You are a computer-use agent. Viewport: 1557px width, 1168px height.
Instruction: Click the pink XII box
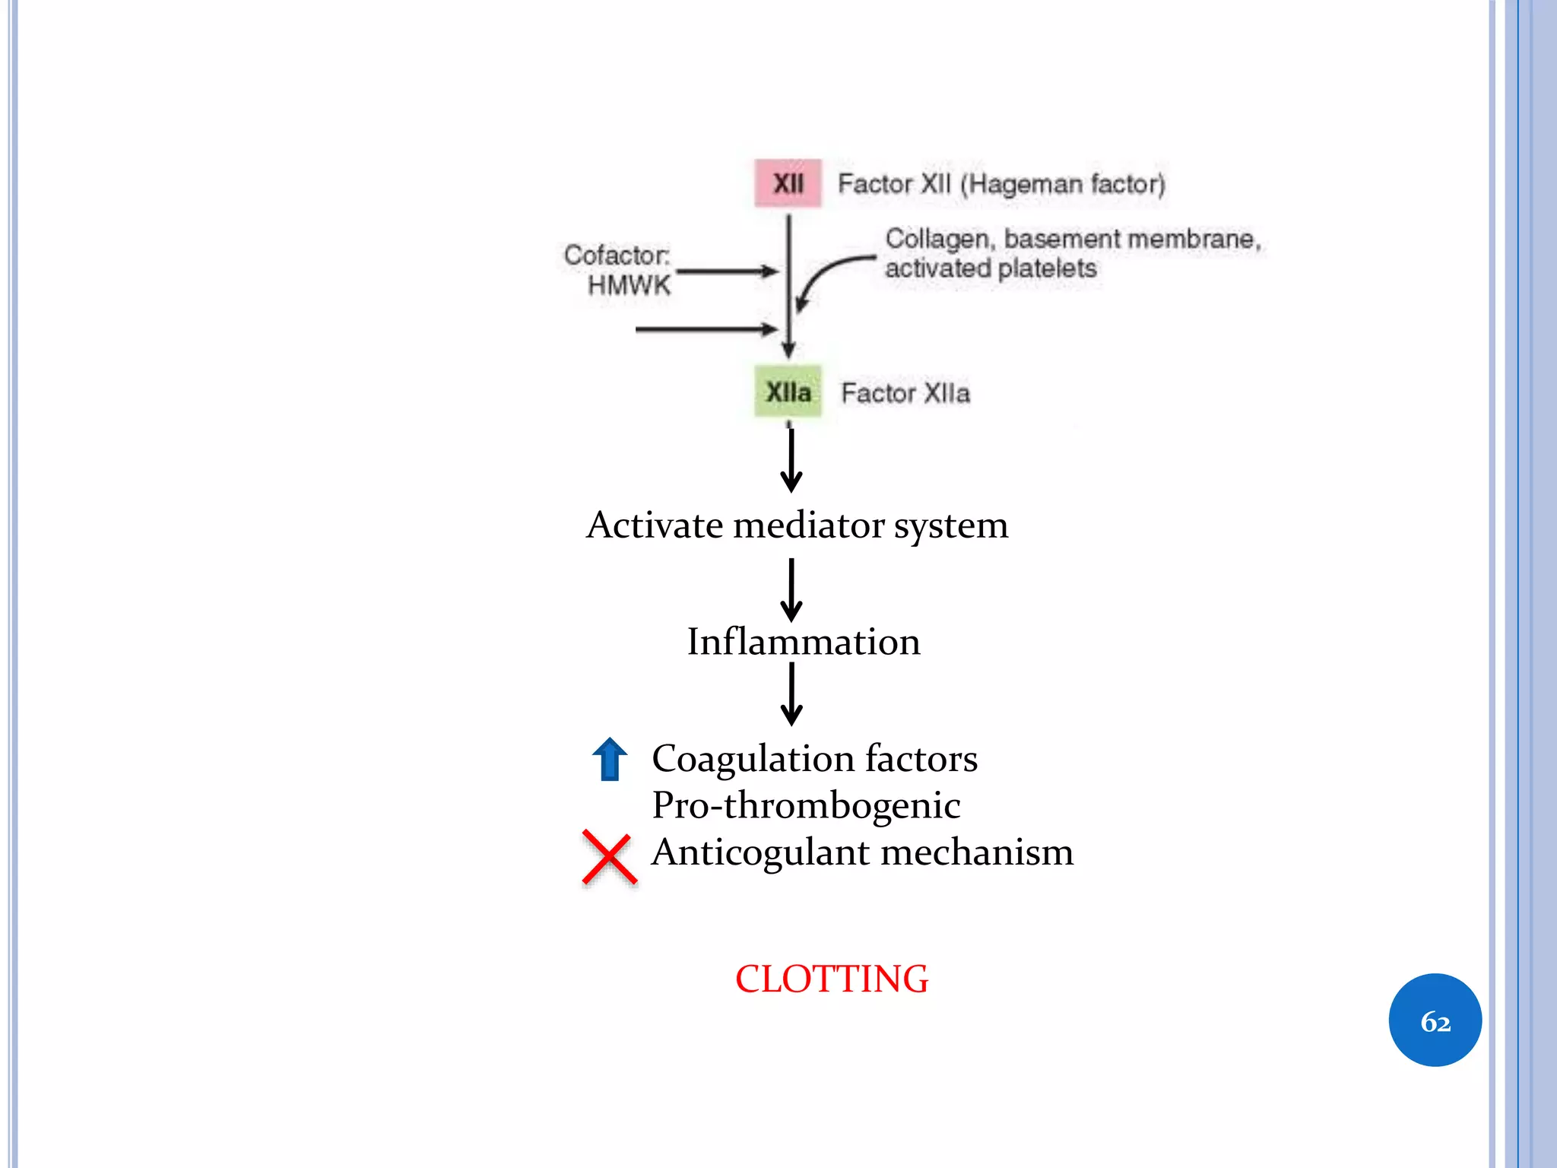pos(788,183)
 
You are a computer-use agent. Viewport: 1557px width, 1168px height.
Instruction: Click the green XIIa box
pos(788,392)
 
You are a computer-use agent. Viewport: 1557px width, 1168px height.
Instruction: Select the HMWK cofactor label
pos(629,285)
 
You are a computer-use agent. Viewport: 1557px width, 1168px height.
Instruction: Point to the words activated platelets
pos(990,268)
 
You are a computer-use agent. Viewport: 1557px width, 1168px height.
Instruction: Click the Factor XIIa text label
pos(905,393)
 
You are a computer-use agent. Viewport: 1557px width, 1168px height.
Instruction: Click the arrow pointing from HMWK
pos(726,271)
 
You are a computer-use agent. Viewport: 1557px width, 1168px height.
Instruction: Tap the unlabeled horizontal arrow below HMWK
pos(706,329)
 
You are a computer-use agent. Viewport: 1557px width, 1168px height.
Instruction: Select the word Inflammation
pos(804,642)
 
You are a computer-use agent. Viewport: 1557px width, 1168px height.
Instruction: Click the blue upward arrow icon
pos(610,759)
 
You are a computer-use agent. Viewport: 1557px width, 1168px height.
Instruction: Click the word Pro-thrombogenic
pos(806,805)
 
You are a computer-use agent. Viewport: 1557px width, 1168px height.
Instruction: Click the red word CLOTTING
pos(831,979)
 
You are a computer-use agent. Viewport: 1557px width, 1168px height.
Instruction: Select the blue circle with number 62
pos(1435,1020)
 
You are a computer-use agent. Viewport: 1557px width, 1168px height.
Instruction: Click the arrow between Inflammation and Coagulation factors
pos(791,693)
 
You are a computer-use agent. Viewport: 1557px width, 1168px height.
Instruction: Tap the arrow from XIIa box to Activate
pos(791,459)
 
